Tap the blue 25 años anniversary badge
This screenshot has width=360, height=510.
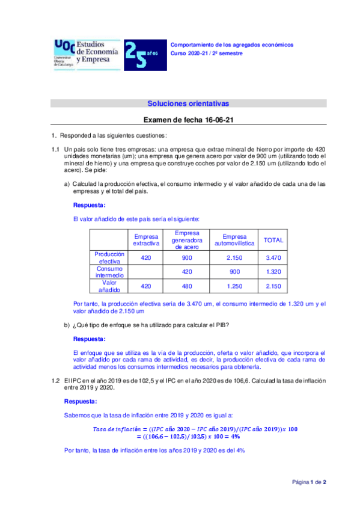click(141, 55)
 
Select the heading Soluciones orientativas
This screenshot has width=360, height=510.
click(188, 103)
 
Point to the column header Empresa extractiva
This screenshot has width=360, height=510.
click(146, 240)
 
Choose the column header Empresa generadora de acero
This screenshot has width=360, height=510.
click(188, 239)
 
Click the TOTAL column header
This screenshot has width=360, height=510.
click(273, 240)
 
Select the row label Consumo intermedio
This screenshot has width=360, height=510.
click(109, 272)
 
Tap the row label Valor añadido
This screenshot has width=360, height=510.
click(109, 286)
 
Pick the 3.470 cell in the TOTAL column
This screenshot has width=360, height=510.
click(273, 257)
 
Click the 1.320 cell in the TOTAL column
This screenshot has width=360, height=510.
click(273, 272)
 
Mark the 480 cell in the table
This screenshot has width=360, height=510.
click(188, 286)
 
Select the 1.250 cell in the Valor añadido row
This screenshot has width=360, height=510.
click(235, 286)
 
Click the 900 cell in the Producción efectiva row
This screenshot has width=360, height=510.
click(188, 257)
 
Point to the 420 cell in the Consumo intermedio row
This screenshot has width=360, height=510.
click(188, 272)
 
